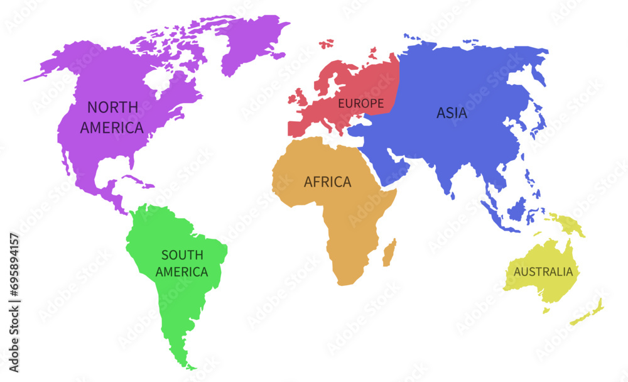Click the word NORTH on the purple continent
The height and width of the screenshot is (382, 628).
pyautogui.click(x=113, y=107)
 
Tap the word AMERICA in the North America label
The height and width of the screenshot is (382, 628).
pyautogui.click(x=112, y=128)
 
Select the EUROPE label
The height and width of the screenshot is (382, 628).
pyautogui.click(x=361, y=103)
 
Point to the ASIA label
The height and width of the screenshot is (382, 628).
pyautogui.click(x=452, y=114)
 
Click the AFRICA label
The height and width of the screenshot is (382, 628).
pyautogui.click(x=327, y=182)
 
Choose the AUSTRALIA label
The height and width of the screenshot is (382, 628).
pyautogui.click(x=543, y=272)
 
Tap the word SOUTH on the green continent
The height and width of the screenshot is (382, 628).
pyautogui.click(x=182, y=255)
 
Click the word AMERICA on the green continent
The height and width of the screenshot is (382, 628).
pyautogui.click(x=182, y=272)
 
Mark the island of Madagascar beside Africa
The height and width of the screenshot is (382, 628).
pyautogui.click(x=390, y=251)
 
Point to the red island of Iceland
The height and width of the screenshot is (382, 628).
pyautogui.click(x=326, y=44)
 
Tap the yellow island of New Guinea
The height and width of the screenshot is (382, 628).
pyautogui.click(x=565, y=223)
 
